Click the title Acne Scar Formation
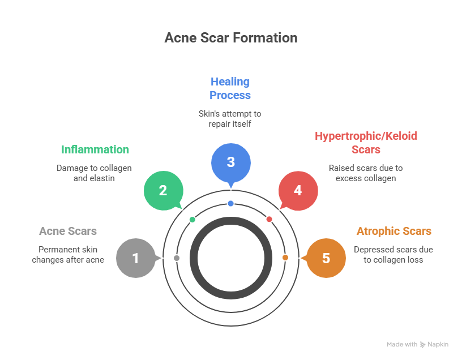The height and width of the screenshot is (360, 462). (x=230, y=38)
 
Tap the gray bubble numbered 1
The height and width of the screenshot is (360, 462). (x=135, y=259)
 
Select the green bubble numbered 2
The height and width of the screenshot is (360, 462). (x=163, y=191)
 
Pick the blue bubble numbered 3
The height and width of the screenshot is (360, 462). (x=230, y=162)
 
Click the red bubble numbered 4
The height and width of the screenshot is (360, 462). (x=298, y=191)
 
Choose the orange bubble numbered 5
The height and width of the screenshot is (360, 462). (x=326, y=259)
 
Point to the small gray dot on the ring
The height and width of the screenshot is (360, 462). (x=177, y=258)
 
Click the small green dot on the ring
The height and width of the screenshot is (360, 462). (x=192, y=219)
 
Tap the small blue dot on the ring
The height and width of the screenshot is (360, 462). (x=230, y=203)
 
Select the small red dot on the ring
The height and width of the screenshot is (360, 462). (x=269, y=219)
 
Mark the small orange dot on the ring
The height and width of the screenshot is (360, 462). (x=285, y=258)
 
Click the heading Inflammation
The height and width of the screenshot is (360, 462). (x=95, y=150)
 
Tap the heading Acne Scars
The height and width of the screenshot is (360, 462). (x=68, y=232)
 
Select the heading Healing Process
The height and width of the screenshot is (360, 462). (x=230, y=88)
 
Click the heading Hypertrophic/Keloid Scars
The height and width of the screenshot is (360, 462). (x=366, y=143)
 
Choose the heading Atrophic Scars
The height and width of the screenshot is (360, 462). (x=393, y=232)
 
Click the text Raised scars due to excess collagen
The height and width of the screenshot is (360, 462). (x=366, y=173)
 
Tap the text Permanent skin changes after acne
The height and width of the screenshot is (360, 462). (x=68, y=255)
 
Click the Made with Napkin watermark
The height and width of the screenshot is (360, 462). (x=417, y=344)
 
